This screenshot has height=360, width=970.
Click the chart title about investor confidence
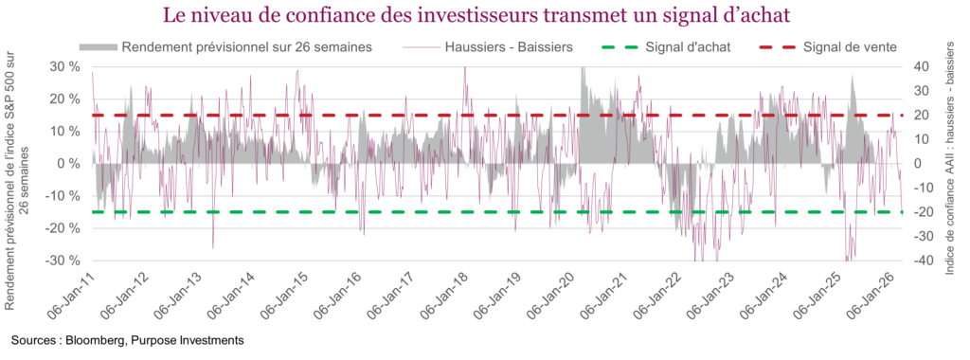(483, 16)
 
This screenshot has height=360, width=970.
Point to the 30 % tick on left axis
(64, 66)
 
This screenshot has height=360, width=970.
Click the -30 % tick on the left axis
(63, 261)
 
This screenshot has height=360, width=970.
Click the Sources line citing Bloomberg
(128, 339)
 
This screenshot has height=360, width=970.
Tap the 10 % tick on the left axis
(64, 131)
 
